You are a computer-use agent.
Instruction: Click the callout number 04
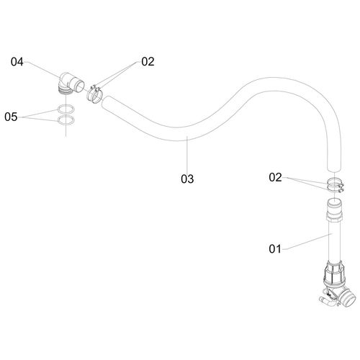pyautogui.click(x=17, y=62)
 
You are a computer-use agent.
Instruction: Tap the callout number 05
pyautogui.click(x=11, y=117)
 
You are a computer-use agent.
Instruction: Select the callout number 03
pyautogui.click(x=187, y=179)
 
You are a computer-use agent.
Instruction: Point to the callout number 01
pyautogui.click(x=275, y=249)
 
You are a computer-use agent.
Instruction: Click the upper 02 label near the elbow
pyautogui.click(x=148, y=62)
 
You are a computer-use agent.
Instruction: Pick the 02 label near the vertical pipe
pyautogui.click(x=275, y=177)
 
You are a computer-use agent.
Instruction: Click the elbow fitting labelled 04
pyautogui.click(x=71, y=84)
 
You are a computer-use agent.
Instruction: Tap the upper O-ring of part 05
pyautogui.click(x=66, y=109)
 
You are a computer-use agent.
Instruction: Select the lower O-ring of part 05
pyautogui.click(x=66, y=120)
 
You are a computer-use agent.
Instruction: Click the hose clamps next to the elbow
pyautogui.click(x=94, y=94)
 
